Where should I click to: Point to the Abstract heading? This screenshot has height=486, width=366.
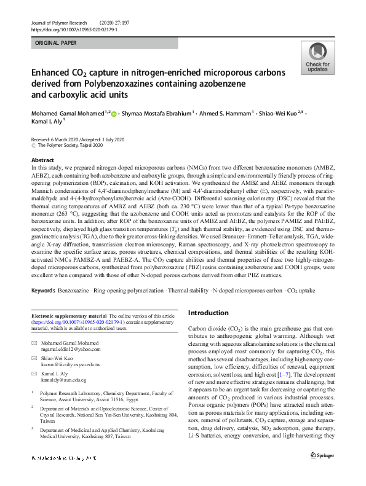43,160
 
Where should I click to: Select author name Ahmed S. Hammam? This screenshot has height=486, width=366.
230,114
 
